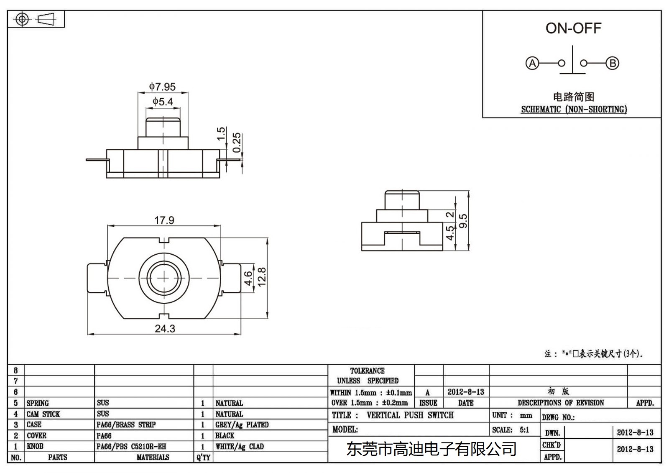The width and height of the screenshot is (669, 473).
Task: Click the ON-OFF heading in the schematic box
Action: pyautogui.click(x=573, y=28)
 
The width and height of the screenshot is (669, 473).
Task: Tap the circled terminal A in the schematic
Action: pyautogui.click(x=532, y=64)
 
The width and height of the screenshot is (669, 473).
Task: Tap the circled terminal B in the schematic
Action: pyautogui.click(x=613, y=64)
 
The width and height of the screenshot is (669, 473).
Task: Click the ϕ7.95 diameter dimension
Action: pyautogui.click(x=163, y=87)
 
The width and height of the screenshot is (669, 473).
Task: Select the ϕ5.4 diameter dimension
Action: pyautogui.click(x=163, y=101)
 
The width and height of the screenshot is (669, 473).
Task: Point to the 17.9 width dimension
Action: pyautogui.click(x=164, y=220)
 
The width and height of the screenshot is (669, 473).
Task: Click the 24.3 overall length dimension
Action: pyautogui.click(x=165, y=329)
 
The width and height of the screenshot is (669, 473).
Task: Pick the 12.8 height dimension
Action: pyautogui.click(x=262, y=277)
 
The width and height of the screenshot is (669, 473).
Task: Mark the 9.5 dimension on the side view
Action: pyautogui.click(x=463, y=221)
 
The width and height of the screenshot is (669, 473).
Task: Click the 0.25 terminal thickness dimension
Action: pyautogui.click(x=237, y=143)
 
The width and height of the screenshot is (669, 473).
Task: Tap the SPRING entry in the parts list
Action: pyautogui.click(x=38, y=403)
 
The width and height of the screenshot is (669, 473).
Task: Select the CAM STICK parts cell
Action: pyautogui.click(x=43, y=414)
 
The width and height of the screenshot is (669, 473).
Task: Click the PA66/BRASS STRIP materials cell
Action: pyautogui.click(x=126, y=425)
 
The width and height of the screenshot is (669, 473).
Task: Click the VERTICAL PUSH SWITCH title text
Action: pyautogui.click(x=410, y=415)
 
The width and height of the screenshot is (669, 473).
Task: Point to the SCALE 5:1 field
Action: pyautogui.click(x=511, y=430)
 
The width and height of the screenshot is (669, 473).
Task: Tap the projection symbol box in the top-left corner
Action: pyautogui.click(x=36, y=19)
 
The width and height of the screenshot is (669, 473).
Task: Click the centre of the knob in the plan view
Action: pyautogui.click(x=164, y=278)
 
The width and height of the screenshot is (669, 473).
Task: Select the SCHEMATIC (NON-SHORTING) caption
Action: pyautogui.click(x=574, y=110)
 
